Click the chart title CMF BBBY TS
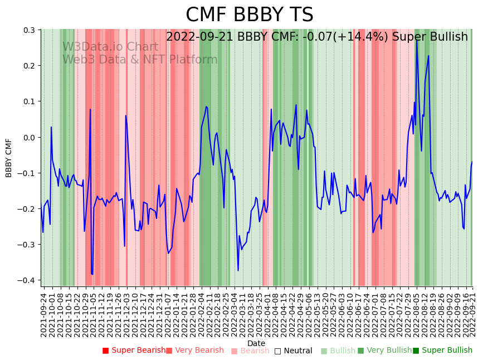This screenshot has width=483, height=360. tap(249, 15)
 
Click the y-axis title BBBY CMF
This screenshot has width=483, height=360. tap(9, 158)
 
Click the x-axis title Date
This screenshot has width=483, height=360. tap(256, 343)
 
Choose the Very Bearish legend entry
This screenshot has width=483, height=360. tap(194, 351)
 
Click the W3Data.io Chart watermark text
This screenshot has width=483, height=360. tap(110, 47)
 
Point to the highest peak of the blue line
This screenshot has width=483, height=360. tap(417, 40)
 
